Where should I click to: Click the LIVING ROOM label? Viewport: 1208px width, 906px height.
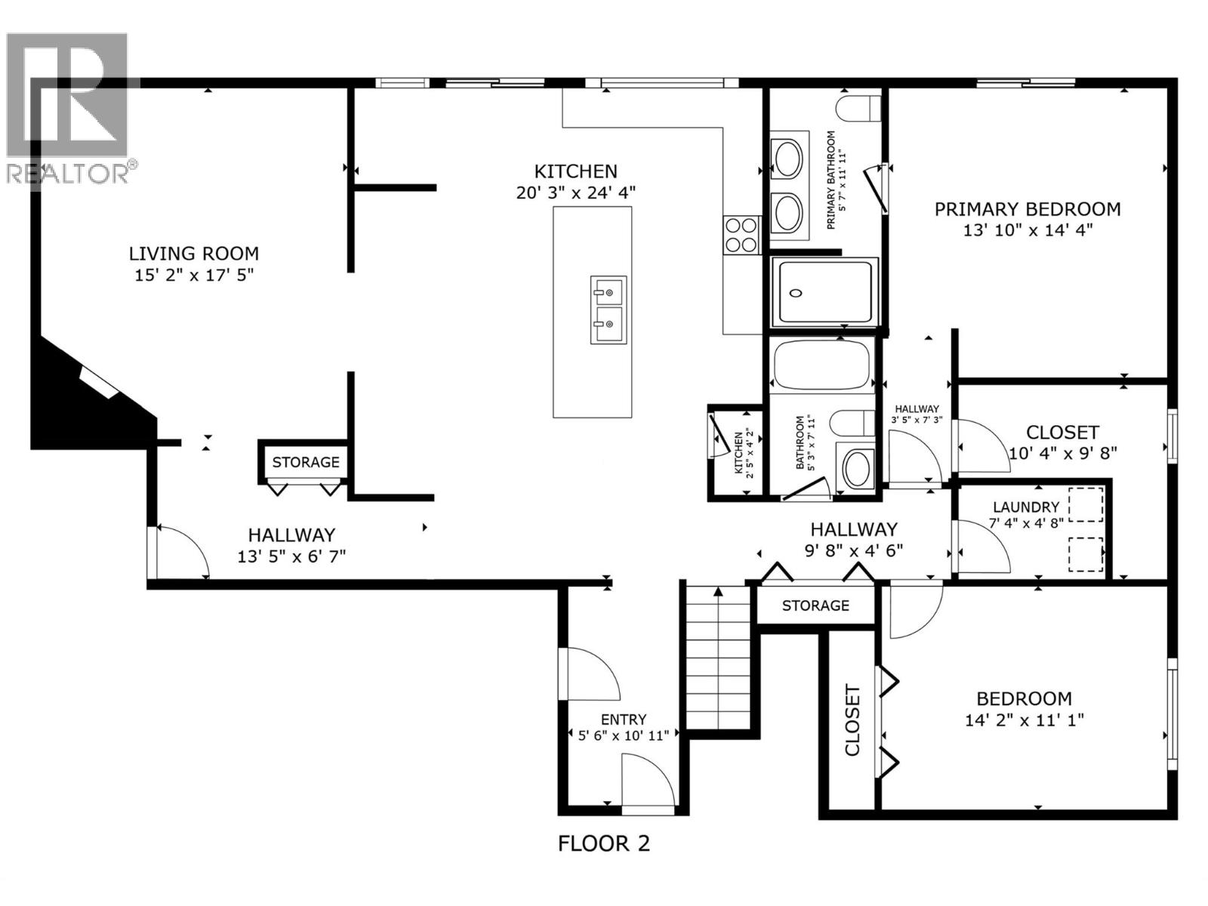pyautogui.click(x=193, y=254)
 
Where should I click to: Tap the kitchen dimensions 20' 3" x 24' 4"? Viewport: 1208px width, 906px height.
pyautogui.click(x=575, y=193)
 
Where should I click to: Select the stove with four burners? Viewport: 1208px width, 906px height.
pyautogui.click(x=741, y=234)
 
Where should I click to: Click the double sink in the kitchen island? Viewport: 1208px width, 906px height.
pyautogui.click(x=608, y=310)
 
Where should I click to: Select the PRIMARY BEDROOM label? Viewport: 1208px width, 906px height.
pyautogui.click(x=1027, y=209)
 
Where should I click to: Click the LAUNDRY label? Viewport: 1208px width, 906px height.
pyautogui.click(x=1025, y=507)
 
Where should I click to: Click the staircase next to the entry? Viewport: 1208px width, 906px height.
pyautogui.click(x=719, y=657)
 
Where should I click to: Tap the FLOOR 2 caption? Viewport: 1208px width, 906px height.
pyautogui.click(x=603, y=843)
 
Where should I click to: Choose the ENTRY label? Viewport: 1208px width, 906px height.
pyautogui.click(x=623, y=720)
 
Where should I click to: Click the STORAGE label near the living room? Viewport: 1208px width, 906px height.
pyautogui.click(x=306, y=462)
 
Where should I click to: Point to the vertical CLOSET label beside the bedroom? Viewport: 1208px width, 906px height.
pyautogui.click(x=852, y=720)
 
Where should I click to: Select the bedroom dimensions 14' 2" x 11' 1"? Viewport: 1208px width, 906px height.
pyautogui.click(x=1024, y=720)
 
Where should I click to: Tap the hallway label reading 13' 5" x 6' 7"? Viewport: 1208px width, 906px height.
pyautogui.click(x=291, y=556)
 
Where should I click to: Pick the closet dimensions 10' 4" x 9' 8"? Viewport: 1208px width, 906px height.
pyautogui.click(x=1062, y=453)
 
